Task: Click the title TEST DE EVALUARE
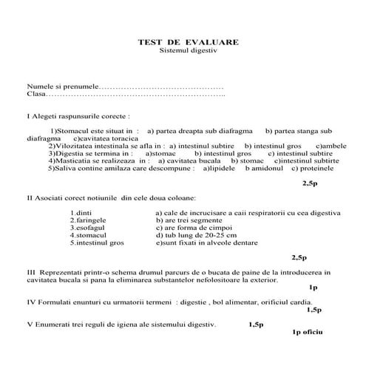(188, 42)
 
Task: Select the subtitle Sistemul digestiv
(188, 51)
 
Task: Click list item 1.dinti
(81, 213)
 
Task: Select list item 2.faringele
(89, 220)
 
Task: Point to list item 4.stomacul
(88, 235)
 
